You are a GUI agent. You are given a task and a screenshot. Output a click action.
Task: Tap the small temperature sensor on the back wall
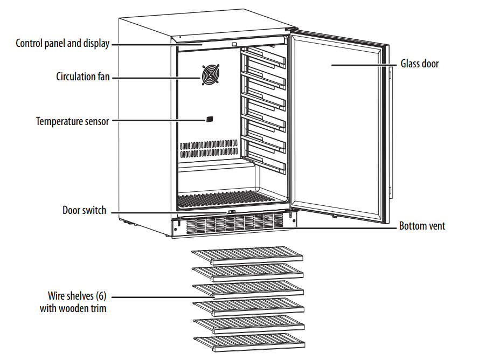pos(209,119)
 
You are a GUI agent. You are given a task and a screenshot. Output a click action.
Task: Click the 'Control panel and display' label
pos(63,44)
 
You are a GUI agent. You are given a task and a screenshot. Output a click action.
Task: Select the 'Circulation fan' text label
pos(83,77)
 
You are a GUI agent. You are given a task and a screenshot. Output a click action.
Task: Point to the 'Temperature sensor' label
pos(73,121)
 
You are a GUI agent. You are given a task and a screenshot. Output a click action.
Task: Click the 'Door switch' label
pos(85,210)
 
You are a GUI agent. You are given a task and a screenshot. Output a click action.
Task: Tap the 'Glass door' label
pos(419,64)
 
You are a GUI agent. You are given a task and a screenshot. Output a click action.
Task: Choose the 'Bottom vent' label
pos(422,226)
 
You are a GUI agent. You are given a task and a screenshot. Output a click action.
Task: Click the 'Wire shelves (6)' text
pos(77,296)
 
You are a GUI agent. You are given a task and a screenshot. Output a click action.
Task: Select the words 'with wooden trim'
pos(73,309)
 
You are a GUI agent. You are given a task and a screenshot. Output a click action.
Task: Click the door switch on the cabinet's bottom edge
pos(231,212)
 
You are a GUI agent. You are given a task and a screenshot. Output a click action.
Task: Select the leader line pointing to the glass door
pos(364,65)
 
